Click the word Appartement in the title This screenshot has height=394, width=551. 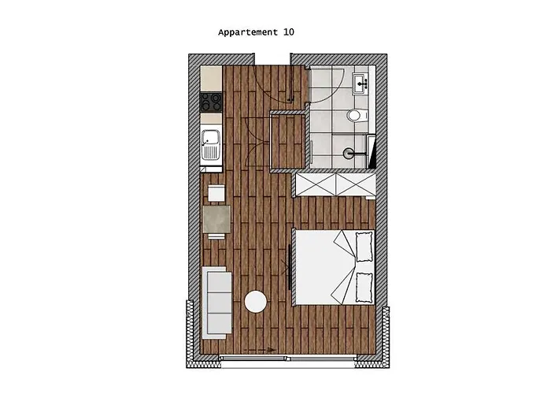[247, 33]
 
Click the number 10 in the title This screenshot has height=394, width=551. [289, 33]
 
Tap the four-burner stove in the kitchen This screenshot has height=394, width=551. [212, 102]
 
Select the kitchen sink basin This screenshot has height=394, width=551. [210, 145]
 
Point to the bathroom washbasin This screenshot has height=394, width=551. [363, 82]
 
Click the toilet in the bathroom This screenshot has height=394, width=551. [355, 117]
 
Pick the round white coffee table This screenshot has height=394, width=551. [255, 302]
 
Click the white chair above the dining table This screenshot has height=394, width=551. [216, 192]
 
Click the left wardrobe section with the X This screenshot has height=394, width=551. [316, 186]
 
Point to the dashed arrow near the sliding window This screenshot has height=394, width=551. [260, 348]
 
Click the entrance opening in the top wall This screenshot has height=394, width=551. [272, 60]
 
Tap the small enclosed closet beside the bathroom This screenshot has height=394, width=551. [287, 143]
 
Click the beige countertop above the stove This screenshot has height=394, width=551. [212, 78]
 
